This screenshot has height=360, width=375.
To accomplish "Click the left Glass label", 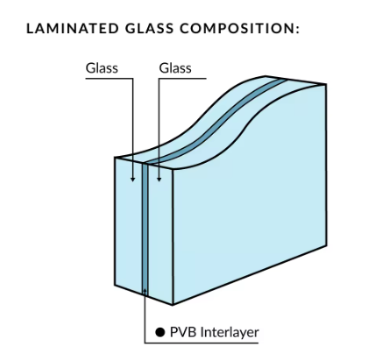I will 101,67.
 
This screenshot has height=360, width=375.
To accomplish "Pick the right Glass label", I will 175,67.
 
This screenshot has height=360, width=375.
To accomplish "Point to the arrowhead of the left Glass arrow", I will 133,180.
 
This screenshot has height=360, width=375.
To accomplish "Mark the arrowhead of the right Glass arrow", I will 158,180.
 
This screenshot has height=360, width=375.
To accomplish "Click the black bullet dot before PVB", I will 160,332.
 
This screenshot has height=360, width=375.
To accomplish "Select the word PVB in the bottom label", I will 182,332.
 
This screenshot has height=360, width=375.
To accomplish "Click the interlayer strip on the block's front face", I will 145,228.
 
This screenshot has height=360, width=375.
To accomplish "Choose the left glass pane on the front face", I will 129,228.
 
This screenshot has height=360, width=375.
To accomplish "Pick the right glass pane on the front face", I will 161,228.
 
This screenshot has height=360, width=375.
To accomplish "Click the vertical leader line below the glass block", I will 145,311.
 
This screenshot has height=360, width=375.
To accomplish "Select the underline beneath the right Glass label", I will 175,77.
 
